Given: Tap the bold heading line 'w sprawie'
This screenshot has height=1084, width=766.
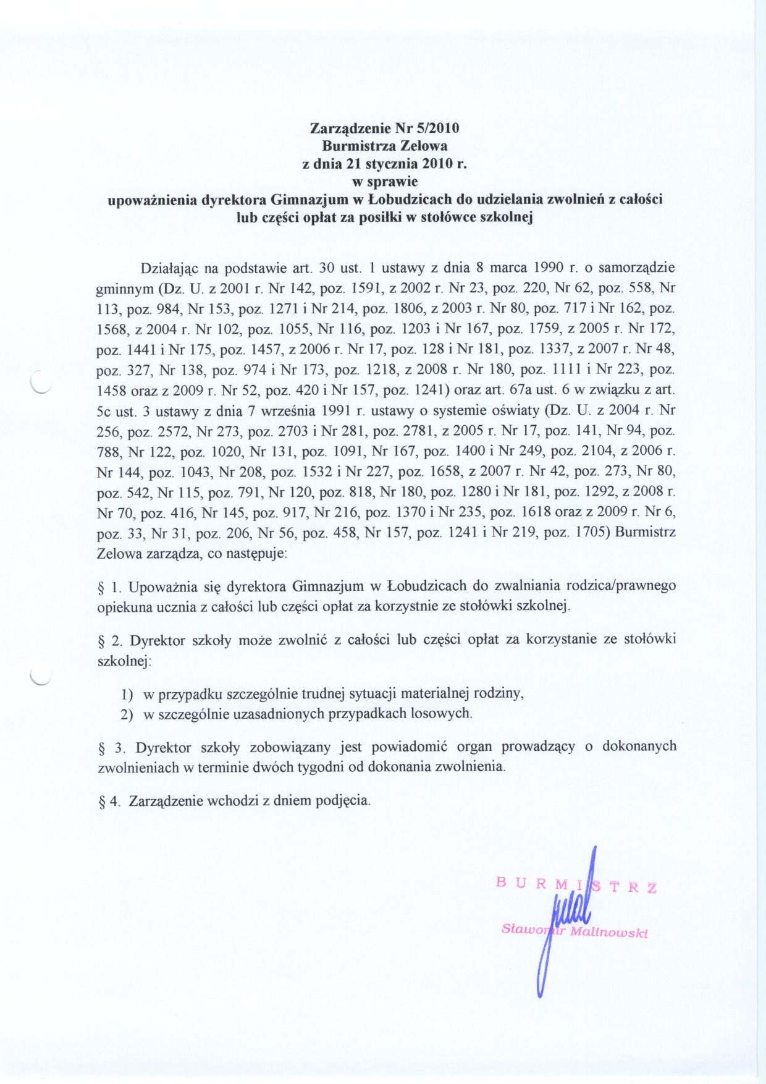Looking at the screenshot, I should (x=384, y=182).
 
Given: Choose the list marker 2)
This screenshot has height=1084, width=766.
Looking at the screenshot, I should (x=127, y=714).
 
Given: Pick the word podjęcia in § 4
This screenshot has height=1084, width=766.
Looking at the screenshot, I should (x=343, y=801).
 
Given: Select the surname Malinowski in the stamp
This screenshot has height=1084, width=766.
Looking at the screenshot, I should (x=608, y=933).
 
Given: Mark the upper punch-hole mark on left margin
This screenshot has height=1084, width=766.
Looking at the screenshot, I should (x=41, y=384).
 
